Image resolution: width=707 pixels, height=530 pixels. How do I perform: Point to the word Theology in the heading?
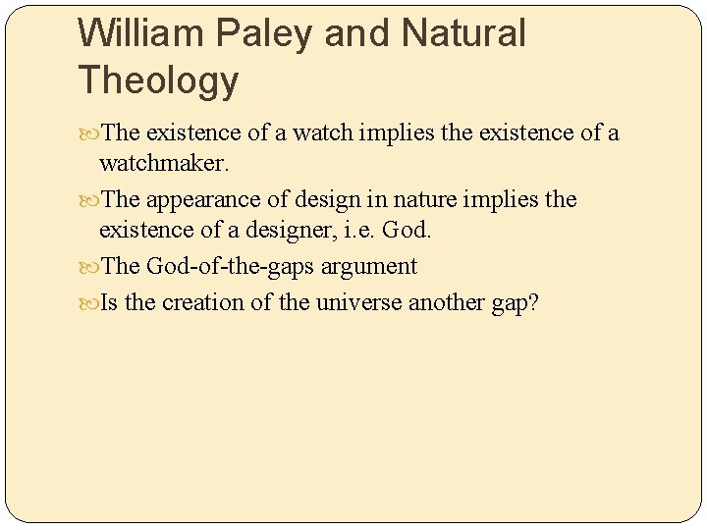[x=157, y=80]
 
